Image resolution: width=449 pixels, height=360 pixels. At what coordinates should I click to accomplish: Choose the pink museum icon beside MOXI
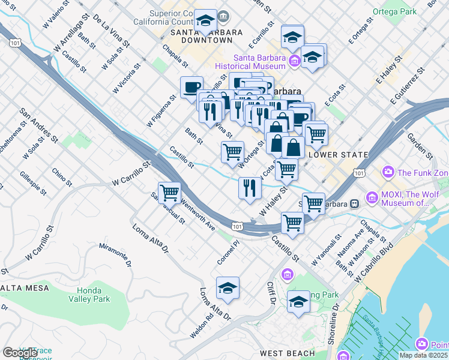(372, 197)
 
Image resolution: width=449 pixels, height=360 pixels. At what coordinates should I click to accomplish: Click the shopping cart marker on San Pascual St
(170, 192)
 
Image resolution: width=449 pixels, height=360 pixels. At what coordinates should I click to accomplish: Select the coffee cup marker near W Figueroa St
(192, 87)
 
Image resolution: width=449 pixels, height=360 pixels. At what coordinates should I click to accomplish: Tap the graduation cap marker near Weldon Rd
(228, 289)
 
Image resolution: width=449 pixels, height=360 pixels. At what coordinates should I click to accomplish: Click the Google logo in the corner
(19, 352)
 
